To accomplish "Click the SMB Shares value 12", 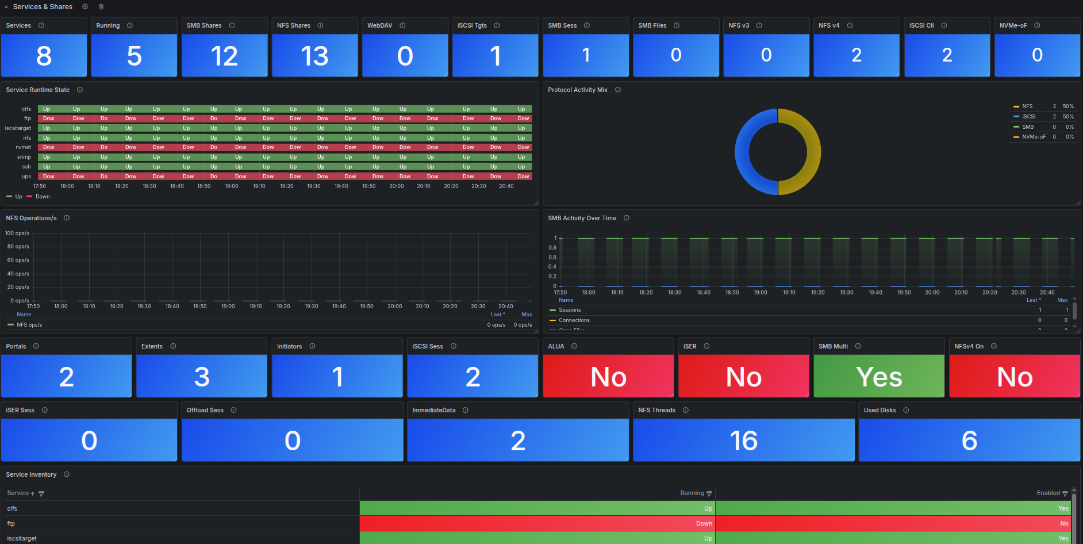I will coord(224,56).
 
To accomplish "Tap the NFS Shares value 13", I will coord(314,56).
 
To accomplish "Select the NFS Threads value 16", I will coord(743,440).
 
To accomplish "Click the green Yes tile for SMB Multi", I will coord(878,377).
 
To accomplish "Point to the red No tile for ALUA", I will coord(608,377).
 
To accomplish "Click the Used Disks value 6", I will coord(969,440).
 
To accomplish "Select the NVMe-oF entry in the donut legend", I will coord(1034,137).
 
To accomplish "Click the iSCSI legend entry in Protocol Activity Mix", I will coord(1028,117).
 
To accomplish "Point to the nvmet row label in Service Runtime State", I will coord(24,147).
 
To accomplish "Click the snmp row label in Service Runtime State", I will coord(24,157).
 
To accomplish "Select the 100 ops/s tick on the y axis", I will coord(17,233).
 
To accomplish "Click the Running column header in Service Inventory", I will coord(692,493).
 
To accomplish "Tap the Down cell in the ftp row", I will coord(704,523).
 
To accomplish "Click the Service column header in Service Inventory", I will coord(18,493).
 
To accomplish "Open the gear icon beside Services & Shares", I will coord(85,7).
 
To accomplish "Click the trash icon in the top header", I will coord(101,7).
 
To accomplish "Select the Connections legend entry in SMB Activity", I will coord(574,320).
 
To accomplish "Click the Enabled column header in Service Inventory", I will coord(1048,493).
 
